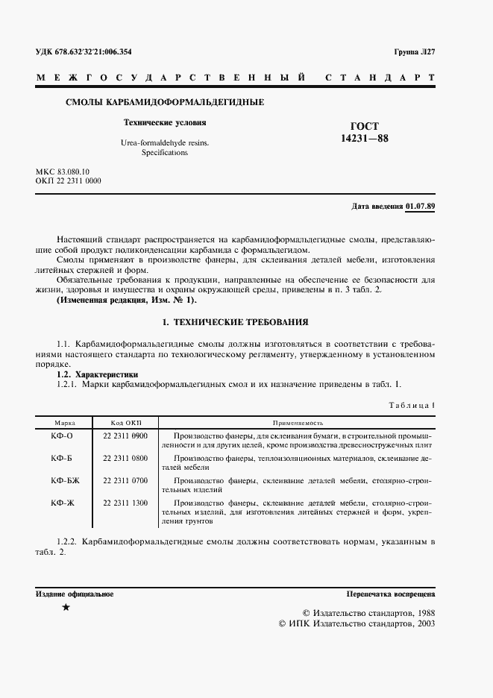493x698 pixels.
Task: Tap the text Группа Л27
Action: (415, 52)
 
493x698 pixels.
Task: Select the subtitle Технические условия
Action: (164, 122)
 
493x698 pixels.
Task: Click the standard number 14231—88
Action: (365, 138)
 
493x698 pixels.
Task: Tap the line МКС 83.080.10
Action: (62, 172)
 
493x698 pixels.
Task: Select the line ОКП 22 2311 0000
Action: (68, 181)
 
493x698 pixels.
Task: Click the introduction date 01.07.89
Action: (421, 206)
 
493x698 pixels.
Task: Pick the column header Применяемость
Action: (296, 422)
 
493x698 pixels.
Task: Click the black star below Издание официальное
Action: (66, 609)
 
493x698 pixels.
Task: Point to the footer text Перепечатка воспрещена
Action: (391, 594)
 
